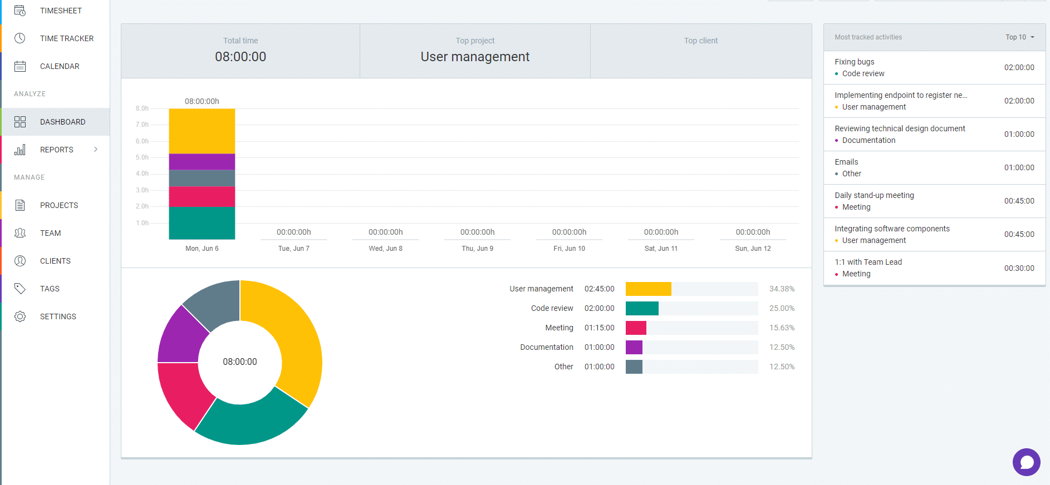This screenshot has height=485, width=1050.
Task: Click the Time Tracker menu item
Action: pyautogui.click(x=66, y=38)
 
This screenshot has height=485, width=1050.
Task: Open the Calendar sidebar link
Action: pyautogui.click(x=60, y=66)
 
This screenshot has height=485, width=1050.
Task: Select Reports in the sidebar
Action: pyautogui.click(x=56, y=150)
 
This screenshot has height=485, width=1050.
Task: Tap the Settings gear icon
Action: pyautogui.click(x=20, y=316)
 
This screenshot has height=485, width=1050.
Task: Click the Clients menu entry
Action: pyautogui.click(x=55, y=261)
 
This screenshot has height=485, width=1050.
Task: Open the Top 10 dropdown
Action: pyautogui.click(x=1019, y=37)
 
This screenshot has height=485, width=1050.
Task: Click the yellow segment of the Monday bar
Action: pyautogui.click(x=202, y=131)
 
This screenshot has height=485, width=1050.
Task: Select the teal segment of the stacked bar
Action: pyautogui.click(x=202, y=222)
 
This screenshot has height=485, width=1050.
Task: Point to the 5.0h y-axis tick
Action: pyautogui.click(x=142, y=157)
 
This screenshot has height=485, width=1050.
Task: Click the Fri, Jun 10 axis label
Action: pyautogui.click(x=569, y=249)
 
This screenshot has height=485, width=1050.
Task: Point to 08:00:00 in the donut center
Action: pyautogui.click(x=240, y=362)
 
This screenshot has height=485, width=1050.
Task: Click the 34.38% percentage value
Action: pyautogui.click(x=782, y=289)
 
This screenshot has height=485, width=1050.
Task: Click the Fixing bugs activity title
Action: pyautogui.click(x=854, y=62)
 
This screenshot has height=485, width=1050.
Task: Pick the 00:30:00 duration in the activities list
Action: pyautogui.click(x=1019, y=268)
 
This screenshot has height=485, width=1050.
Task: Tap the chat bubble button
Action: pyautogui.click(x=1026, y=462)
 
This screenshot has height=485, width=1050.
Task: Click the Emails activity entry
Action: pyautogui.click(x=846, y=162)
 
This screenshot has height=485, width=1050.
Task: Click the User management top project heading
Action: pyautogui.click(x=475, y=57)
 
